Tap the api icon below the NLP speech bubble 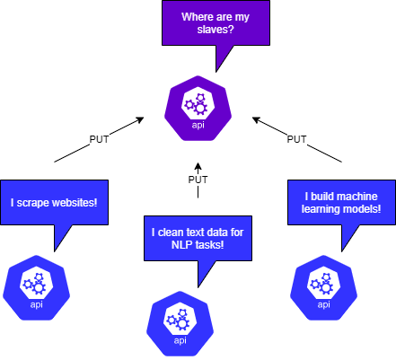click(x=180, y=320)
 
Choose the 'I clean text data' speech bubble click(x=198, y=239)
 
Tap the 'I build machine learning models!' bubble click(x=341, y=203)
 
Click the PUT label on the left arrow click(x=100, y=139)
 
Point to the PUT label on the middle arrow click(x=198, y=180)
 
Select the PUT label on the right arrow click(x=296, y=139)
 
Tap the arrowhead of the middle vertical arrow click(x=198, y=164)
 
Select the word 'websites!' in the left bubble click(x=78, y=204)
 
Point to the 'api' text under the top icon click(x=198, y=125)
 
